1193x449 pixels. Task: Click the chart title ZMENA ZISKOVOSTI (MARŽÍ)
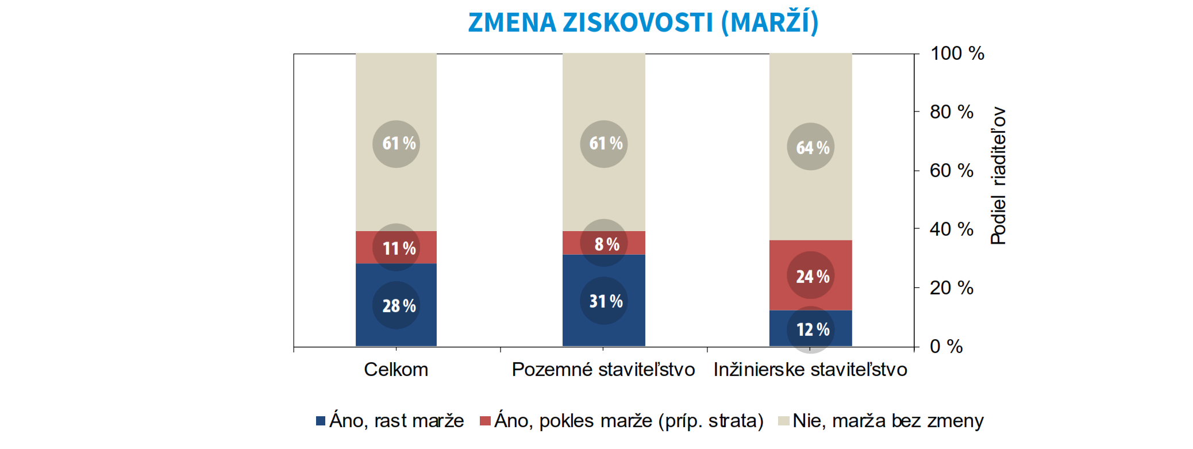[643, 23]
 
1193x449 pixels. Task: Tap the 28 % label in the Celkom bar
[399, 306]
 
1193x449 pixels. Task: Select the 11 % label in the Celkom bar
[399, 248]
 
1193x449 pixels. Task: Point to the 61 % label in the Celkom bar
[399, 143]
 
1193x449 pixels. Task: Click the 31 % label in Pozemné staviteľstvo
[606, 301]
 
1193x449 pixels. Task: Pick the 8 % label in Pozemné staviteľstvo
[606, 244]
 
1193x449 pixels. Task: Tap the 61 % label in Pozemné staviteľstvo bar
[606, 143]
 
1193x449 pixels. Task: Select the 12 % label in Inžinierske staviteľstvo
[813, 329]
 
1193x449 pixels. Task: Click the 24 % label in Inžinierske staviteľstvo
[813, 277]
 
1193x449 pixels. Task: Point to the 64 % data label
[813, 148]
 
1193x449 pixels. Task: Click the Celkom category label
[396, 370]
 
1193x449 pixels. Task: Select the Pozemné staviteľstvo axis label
[603, 370]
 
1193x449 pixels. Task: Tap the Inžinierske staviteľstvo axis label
[810, 370]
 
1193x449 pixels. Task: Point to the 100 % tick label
[957, 53]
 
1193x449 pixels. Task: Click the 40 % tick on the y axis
[951, 229]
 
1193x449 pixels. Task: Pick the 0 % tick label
[946, 347]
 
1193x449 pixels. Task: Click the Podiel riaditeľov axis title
[998, 176]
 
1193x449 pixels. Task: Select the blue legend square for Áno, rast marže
[321, 421]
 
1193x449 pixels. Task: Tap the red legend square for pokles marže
[485, 421]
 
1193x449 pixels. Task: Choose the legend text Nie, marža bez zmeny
[888, 421]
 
